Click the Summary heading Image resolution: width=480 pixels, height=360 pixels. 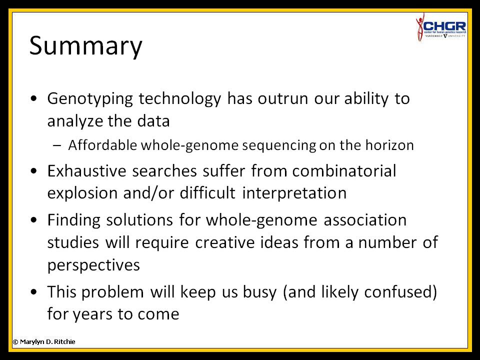pyautogui.click(x=85, y=46)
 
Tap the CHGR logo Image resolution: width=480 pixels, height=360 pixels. pyautogui.click(x=441, y=27)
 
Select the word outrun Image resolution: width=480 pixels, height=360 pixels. pyautogui.click(x=282, y=98)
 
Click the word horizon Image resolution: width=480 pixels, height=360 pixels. pyautogui.click(x=389, y=145)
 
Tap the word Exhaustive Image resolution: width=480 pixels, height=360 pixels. pyautogui.click(x=86, y=171)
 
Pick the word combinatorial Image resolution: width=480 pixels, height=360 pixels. pyautogui.click(x=344, y=171)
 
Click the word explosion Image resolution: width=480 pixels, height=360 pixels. pyautogui.click(x=82, y=193)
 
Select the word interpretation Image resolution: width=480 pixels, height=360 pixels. pyautogui.click(x=294, y=193)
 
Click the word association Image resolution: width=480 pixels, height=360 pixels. pyautogui.click(x=365, y=220)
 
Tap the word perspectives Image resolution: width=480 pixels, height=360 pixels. pyautogui.click(x=93, y=265)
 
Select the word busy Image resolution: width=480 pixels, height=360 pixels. pyautogui.click(x=259, y=292)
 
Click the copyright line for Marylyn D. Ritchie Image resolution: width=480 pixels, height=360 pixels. pyautogui.click(x=44, y=341)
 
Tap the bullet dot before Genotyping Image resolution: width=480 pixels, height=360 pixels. pyautogui.click(x=33, y=98)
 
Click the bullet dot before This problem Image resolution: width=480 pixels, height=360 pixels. pyautogui.click(x=33, y=291)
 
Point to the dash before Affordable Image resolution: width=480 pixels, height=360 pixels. pyautogui.click(x=57, y=145)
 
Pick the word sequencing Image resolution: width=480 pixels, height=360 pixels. pyautogui.click(x=279, y=145)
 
